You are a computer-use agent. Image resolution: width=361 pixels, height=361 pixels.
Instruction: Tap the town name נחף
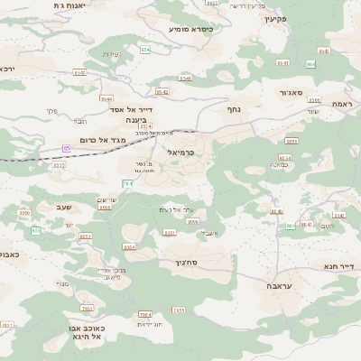point(233,109)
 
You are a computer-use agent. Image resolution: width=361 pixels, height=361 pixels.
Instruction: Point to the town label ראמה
point(342,105)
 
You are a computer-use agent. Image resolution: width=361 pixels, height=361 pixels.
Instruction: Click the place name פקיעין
point(276,18)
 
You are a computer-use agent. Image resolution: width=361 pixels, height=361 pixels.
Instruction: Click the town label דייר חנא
point(340,266)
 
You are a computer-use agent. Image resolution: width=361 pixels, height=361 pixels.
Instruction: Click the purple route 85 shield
point(66,147)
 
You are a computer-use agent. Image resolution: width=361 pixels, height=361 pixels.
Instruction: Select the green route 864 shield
point(310,63)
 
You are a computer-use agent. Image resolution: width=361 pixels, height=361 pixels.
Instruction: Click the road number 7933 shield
point(88,297)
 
